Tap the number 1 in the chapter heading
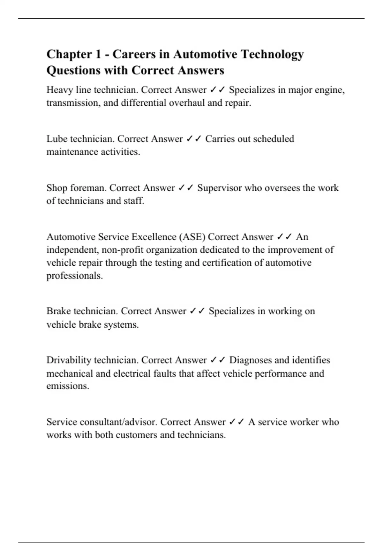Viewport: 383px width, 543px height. tap(98, 54)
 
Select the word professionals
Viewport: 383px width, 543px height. tap(75, 275)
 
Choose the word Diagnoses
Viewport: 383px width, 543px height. tap(250, 360)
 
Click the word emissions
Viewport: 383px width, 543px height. tap(68, 386)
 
